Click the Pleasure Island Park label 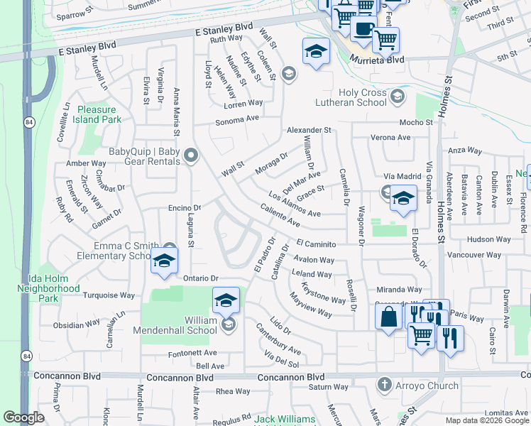point(97,115)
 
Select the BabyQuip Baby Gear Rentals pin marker point(190,155)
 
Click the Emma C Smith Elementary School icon point(164,261)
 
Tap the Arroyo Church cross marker point(384,385)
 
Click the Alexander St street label point(310,131)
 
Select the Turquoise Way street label point(109,295)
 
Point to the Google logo point(23,417)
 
